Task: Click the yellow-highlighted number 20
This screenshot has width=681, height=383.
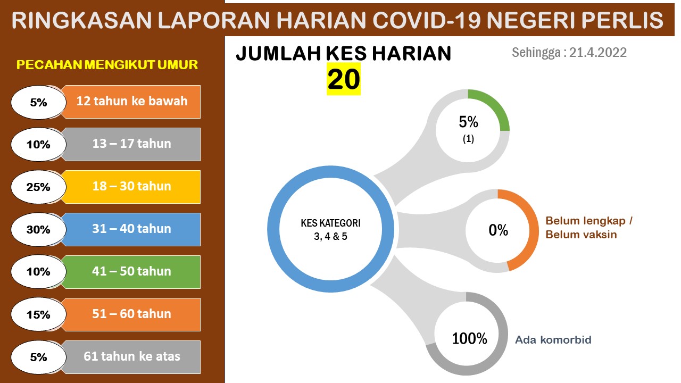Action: click(x=344, y=79)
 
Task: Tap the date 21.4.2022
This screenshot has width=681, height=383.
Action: click(x=597, y=53)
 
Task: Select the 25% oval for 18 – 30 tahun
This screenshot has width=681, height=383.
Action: click(x=38, y=187)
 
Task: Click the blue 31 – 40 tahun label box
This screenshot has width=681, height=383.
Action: click(x=131, y=229)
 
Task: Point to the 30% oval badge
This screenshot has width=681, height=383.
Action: click(x=38, y=229)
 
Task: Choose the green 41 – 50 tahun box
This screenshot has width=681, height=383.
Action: click(x=131, y=272)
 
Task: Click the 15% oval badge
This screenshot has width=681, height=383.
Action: click(x=38, y=314)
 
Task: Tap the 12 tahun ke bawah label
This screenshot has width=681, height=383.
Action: click(x=131, y=102)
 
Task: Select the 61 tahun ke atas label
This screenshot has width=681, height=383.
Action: click(x=131, y=357)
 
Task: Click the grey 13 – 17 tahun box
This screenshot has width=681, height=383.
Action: click(x=131, y=144)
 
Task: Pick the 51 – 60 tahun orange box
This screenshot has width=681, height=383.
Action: click(x=131, y=314)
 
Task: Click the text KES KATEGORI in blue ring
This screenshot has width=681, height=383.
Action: click(x=330, y=223)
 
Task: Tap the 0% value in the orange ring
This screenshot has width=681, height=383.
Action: click(x=498, y=230)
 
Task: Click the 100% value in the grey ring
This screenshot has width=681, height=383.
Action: click(x=469, y=339)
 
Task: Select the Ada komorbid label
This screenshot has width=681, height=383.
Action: click(x=553, y=340)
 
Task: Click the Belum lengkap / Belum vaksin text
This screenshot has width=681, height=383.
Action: click(x=589, y=228)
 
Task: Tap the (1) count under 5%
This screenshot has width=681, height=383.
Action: click(x=468, y=139)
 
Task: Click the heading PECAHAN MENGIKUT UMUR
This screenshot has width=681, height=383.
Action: click(x=107, y=65)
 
